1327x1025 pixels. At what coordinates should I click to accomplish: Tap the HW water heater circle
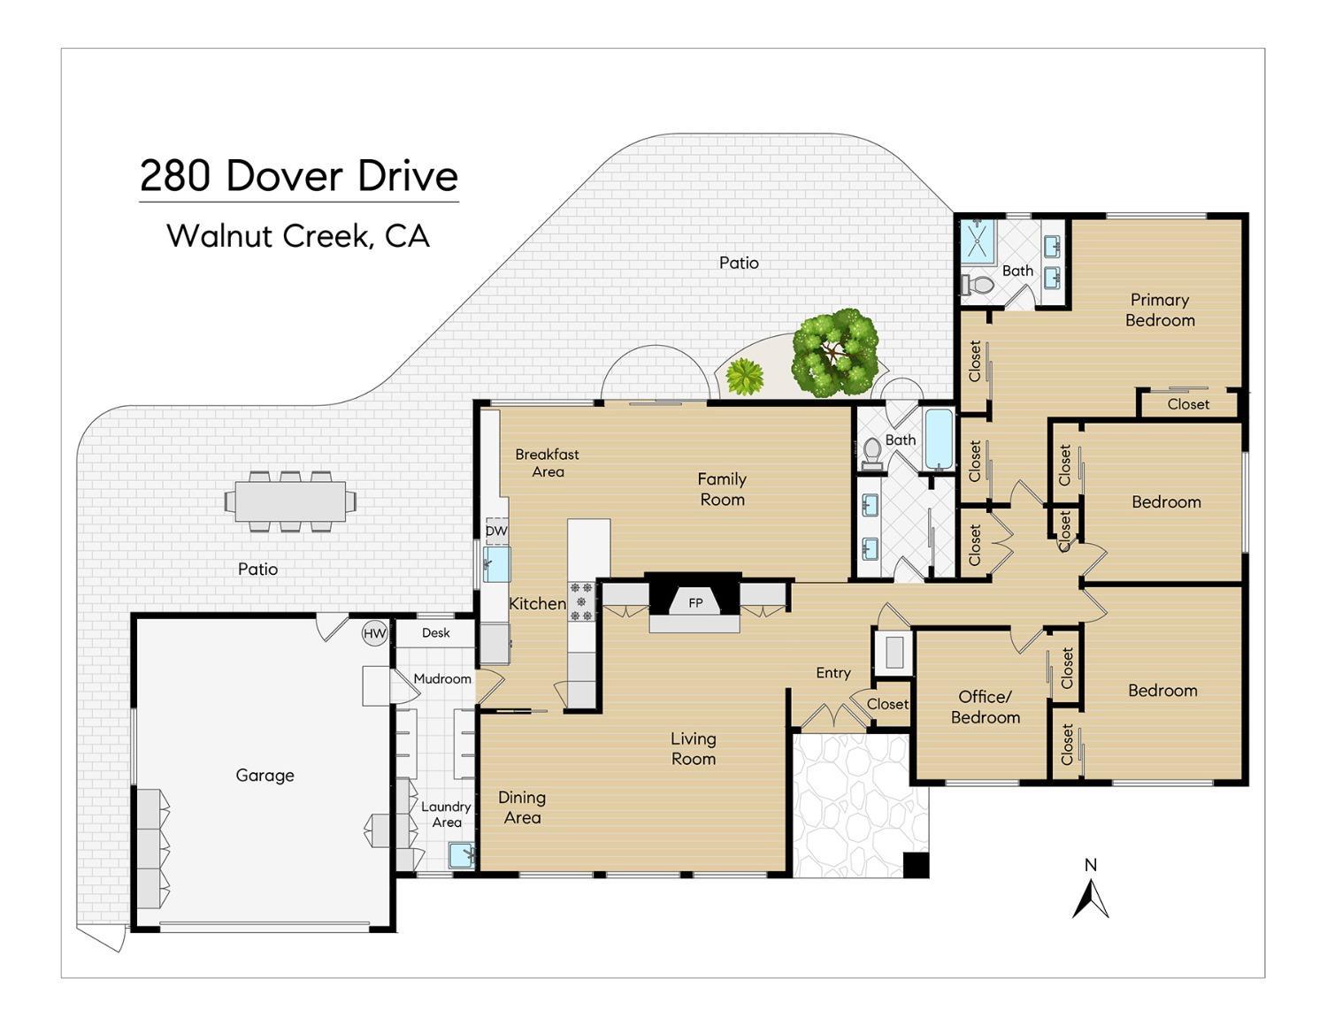375,633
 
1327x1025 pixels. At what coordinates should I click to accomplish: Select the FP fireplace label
695,603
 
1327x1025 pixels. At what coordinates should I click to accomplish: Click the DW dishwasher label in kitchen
496,531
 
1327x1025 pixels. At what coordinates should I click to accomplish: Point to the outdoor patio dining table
290,501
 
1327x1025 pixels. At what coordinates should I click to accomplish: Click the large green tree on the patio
834,351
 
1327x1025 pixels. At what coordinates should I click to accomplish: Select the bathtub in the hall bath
939,439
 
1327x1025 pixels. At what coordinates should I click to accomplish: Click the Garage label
265,775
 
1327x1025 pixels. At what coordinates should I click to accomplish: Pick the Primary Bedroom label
1159,310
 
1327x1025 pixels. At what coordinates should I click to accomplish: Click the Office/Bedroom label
985,707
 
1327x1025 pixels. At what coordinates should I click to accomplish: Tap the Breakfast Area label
547,463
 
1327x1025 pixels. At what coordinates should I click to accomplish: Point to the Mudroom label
442,678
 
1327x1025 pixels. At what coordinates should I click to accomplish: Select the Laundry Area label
446,814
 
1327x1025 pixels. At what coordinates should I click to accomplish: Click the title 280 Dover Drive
299,176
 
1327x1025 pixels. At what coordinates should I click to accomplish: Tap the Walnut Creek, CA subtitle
298,235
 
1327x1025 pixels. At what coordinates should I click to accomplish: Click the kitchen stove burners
580,600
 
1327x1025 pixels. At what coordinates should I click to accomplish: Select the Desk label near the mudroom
435,632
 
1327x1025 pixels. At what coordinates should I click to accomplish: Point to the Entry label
832,673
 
